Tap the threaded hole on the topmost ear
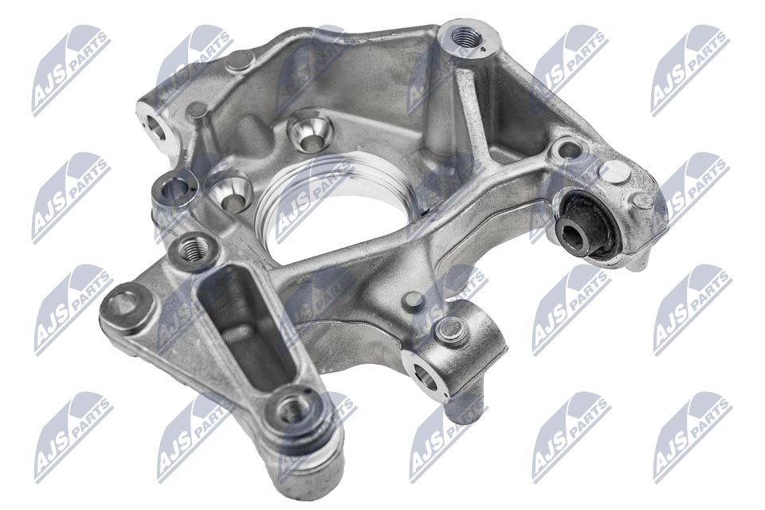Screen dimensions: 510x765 463,37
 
